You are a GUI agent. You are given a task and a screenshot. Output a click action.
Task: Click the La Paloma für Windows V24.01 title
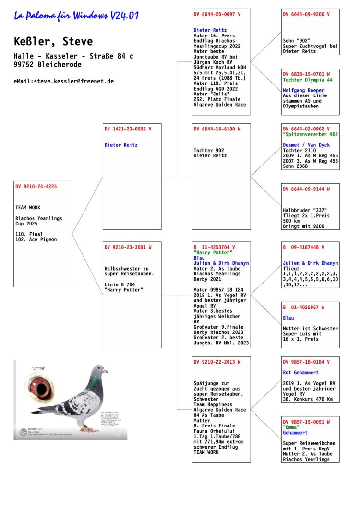coord(76,16)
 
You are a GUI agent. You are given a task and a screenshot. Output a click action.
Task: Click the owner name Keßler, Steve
coord(53,42)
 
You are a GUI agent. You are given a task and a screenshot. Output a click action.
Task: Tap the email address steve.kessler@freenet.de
coord(64,81)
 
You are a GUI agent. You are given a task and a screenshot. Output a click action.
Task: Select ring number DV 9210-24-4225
coord(36,187)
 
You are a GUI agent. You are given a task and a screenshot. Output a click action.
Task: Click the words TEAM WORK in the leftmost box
coord(28,208)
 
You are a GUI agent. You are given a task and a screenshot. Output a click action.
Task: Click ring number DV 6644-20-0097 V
coord(217,14)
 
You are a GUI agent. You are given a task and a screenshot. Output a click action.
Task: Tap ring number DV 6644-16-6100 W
coord(217,129)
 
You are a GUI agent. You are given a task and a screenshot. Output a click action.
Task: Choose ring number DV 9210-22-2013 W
coord(217,362)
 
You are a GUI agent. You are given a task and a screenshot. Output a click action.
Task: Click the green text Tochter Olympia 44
coord(310,80)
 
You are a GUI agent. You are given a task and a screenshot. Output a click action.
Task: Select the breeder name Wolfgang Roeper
coord(303,90)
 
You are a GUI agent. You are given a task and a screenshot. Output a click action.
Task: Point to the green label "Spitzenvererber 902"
coord(311,134)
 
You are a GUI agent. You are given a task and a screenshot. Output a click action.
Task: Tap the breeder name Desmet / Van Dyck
coord(306,145)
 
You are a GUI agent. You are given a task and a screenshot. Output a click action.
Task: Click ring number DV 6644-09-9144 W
coord(306,189)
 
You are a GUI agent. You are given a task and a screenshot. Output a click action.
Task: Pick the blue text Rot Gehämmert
coord(301,372)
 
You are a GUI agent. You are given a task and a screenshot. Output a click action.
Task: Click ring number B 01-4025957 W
coord(303,307)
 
